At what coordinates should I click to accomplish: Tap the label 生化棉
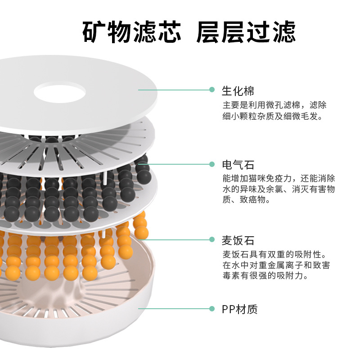pyautogui.click(x=238, y=91)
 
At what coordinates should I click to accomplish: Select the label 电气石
pyautogui.click(x=238, y=165)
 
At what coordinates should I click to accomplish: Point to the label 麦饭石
pyautogui.click(x=238, y=240)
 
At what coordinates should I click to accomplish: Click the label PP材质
pyautogui.click(x=240, y=309)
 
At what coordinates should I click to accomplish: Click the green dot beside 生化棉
pyautogui.click(x=212, y=90)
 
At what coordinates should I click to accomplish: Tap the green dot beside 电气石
pyautogui.click(x=212, y=164)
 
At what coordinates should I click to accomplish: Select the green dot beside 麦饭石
pyautogui.click(x=212, y=239)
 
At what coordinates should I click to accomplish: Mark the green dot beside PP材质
pyautogui.click(x=212, y=309)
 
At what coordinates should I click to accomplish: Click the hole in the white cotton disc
pyautogui.click(x=60, y=92)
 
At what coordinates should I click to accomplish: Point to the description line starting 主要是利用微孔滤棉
pyautogui.click(x=274, y=105)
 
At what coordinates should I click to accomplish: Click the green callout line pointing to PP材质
pyautogui.click(x=173, y=309)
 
